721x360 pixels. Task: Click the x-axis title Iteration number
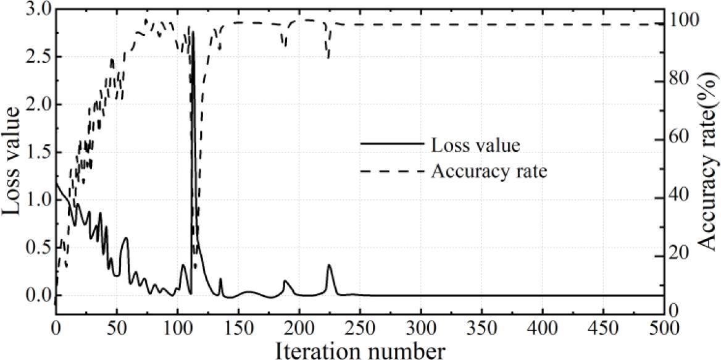359,350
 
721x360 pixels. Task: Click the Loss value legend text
475,146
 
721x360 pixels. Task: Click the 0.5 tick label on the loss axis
40,248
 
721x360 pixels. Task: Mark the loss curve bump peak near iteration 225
329,266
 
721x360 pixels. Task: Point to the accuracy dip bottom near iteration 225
328,59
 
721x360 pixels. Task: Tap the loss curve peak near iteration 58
126,238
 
